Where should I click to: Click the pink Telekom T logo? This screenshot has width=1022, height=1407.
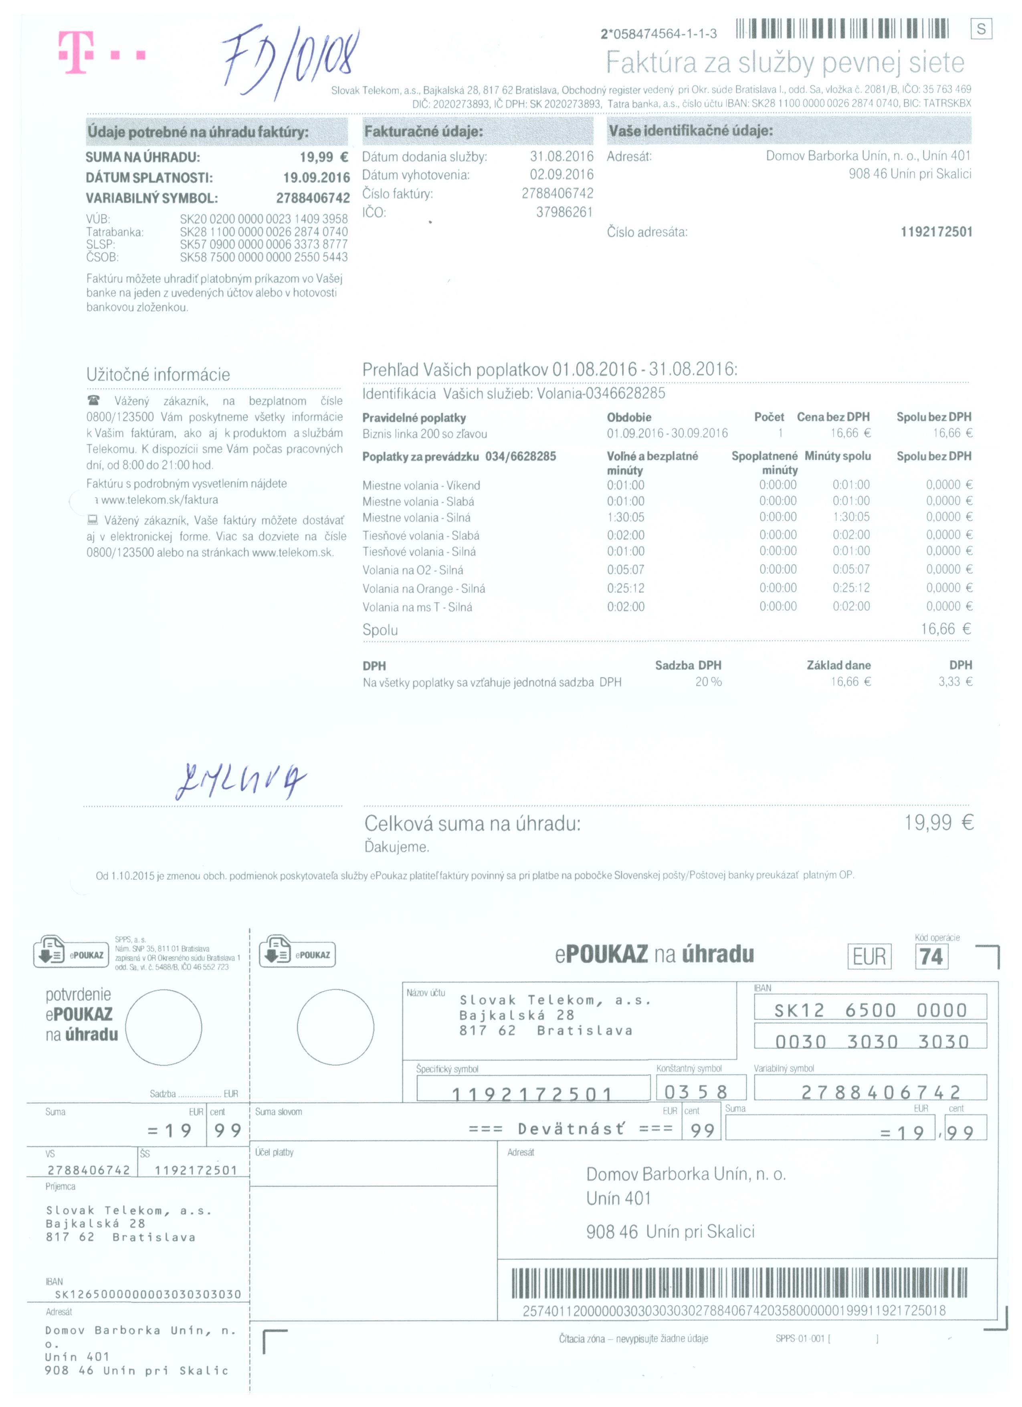click(x=76, y=53)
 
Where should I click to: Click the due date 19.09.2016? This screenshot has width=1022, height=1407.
click(x=316, y=178)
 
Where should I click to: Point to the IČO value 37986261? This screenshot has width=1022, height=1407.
click(x=564, y=212)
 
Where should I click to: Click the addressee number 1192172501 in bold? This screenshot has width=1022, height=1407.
click(x=936, y=232)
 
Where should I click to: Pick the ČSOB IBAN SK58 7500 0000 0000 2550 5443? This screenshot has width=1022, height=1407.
click(x=264, y=257)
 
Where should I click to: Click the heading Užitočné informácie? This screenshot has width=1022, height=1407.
click(x=158, y=375)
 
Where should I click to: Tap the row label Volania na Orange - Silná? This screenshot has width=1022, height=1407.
click(x=424, y=589)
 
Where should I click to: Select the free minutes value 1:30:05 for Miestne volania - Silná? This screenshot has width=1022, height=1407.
click(x=625, y=518)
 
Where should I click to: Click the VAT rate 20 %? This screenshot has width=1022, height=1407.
click(x=708, y=682)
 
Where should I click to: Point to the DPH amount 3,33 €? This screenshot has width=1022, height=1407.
click(x=955, y=682)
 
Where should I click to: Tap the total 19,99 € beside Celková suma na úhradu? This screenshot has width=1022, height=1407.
click(x=938, y=823)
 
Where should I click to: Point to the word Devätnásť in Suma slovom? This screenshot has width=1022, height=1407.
click(x=571, y=1129)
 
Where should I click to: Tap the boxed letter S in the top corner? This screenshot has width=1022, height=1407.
click(x=981, y=29)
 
